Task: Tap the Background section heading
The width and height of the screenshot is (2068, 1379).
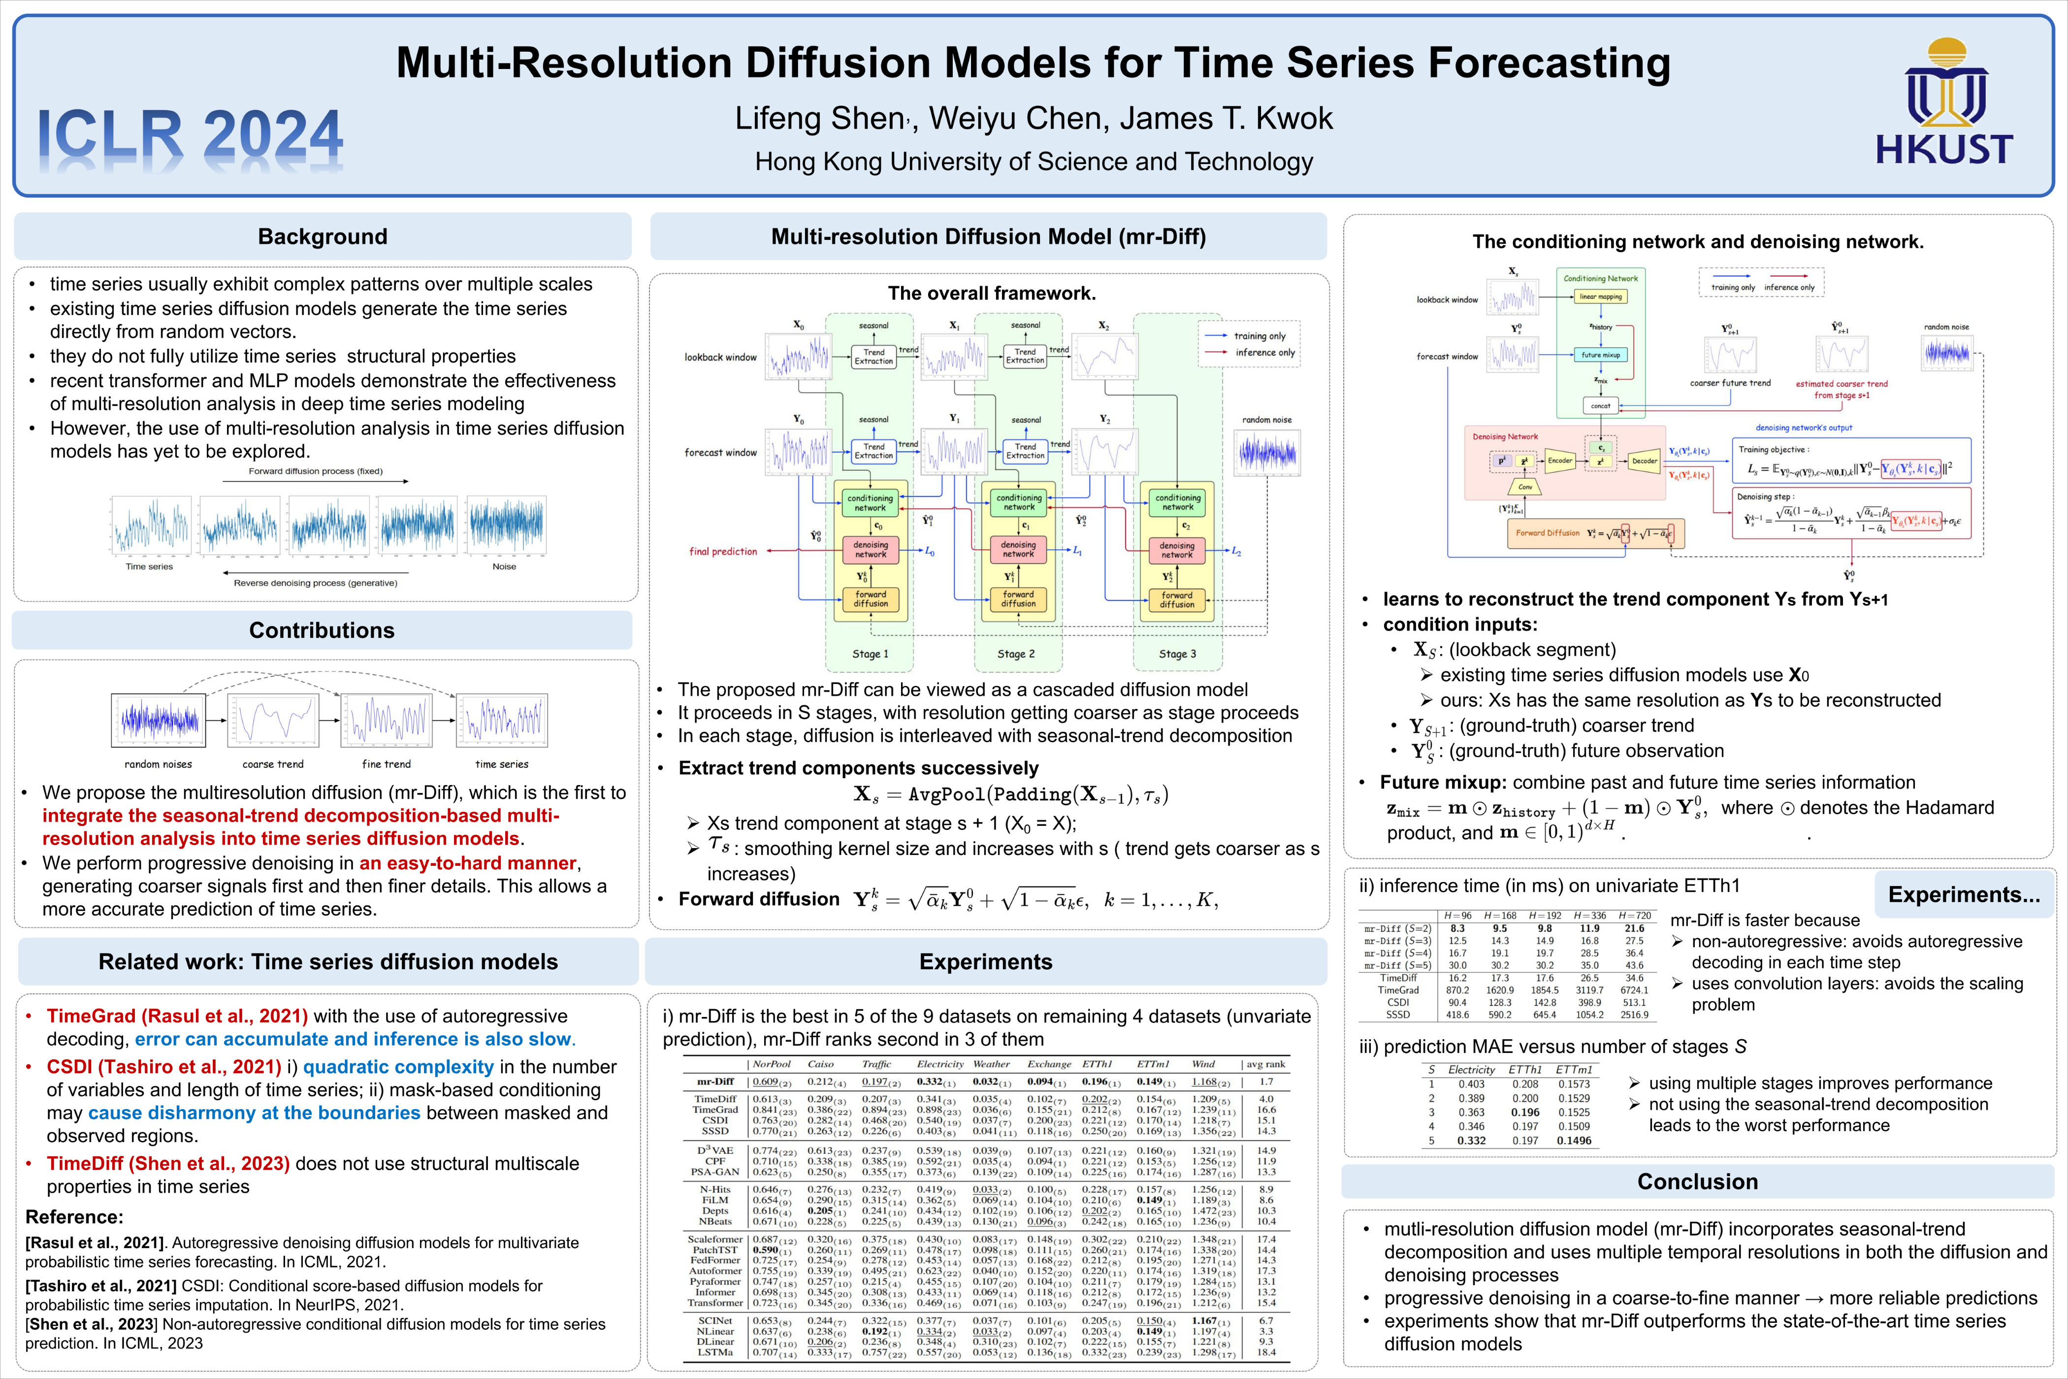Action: tap(322, 236)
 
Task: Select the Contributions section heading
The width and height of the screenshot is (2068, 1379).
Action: tap(322, 630)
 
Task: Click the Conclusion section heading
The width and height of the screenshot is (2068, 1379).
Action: tap(1697, 1181)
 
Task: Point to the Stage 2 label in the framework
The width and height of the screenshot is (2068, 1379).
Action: tap(1015, 654)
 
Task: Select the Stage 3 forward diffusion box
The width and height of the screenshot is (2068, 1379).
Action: tap(1176, 600)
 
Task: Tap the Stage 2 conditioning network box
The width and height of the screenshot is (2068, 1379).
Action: tap(1019, 503)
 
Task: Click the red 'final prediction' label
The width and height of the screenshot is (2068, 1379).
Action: tap(723, 552)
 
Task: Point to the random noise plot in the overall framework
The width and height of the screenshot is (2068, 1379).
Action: tap(1267, 453)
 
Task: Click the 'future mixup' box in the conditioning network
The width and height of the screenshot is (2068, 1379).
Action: tap(1600, 355)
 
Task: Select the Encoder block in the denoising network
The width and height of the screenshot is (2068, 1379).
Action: tap(1559, 461)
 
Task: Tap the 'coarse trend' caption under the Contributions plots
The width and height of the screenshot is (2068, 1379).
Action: tap(273, 764)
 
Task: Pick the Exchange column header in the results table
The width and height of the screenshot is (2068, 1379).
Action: tap(1049, 1064)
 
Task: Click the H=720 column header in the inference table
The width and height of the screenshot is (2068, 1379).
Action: tap(1635, 916)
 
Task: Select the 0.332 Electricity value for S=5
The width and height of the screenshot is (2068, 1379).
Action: tap(1471, 1141)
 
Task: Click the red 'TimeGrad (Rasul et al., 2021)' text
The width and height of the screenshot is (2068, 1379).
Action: tap(177, 1016)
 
